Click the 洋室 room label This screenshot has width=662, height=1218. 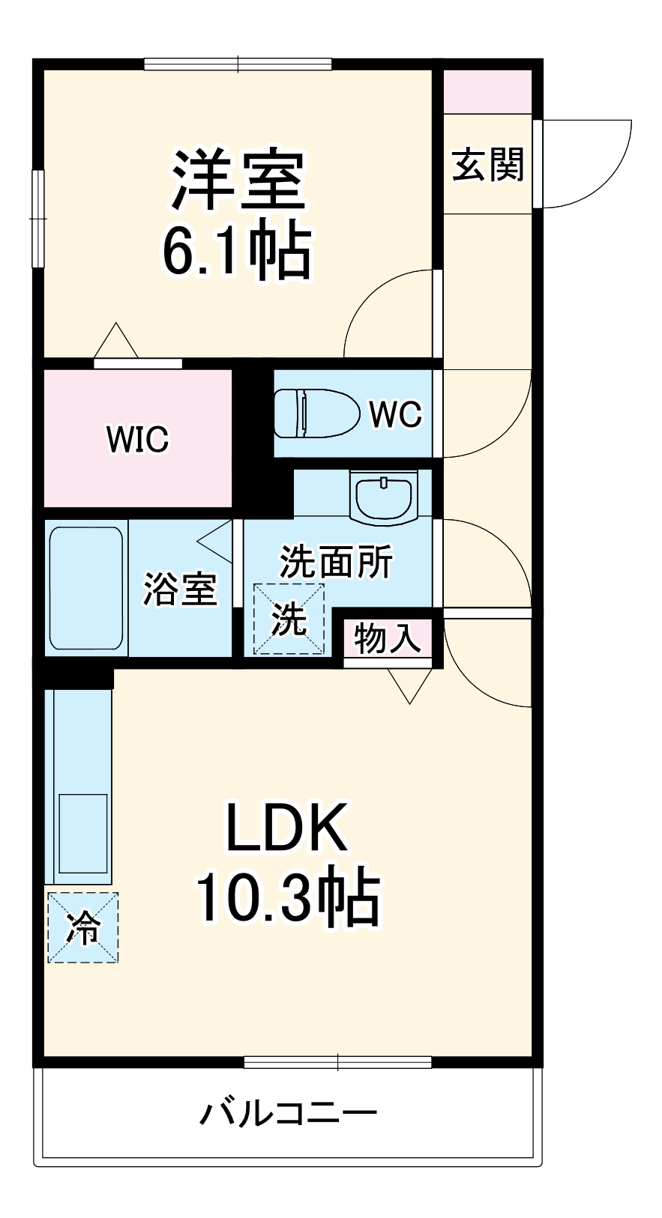coord(238,181)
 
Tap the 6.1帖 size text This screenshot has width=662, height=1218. coord(236,250)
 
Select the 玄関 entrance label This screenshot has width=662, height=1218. coord(487,164)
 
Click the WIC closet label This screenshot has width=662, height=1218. coord(137,438)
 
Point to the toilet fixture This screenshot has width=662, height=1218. coord(314,413)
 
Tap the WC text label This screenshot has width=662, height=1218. coord(395,413)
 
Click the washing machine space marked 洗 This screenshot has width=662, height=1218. coord(289,619)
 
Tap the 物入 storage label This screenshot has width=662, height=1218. coord(387,638)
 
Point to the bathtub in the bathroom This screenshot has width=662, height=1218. coord(85,588)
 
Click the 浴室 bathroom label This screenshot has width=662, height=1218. coord(180,589)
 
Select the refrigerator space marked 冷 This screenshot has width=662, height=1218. coord(83,927)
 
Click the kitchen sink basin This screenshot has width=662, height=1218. coord(82,832)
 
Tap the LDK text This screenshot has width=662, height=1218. coord(287,828)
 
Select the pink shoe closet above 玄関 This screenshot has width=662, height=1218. coord(487,91)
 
